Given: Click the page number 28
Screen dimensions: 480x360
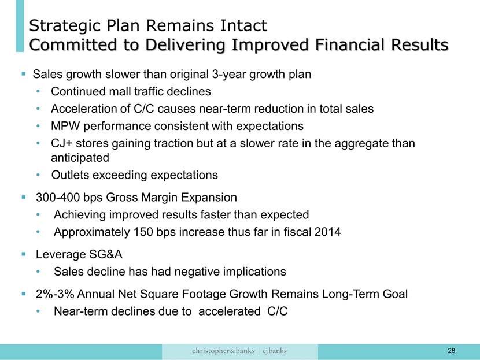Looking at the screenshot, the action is (451, 351).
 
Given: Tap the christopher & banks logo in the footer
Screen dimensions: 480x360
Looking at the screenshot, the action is (223, 351).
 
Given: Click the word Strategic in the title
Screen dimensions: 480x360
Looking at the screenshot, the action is (65, 26).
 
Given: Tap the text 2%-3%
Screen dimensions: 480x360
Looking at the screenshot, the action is (55, 294).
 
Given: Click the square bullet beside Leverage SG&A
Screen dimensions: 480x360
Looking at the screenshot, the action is (24, 254).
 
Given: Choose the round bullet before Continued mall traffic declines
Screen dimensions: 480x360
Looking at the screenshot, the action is (38, 91).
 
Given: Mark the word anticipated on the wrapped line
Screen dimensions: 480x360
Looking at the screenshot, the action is (80, 158).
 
